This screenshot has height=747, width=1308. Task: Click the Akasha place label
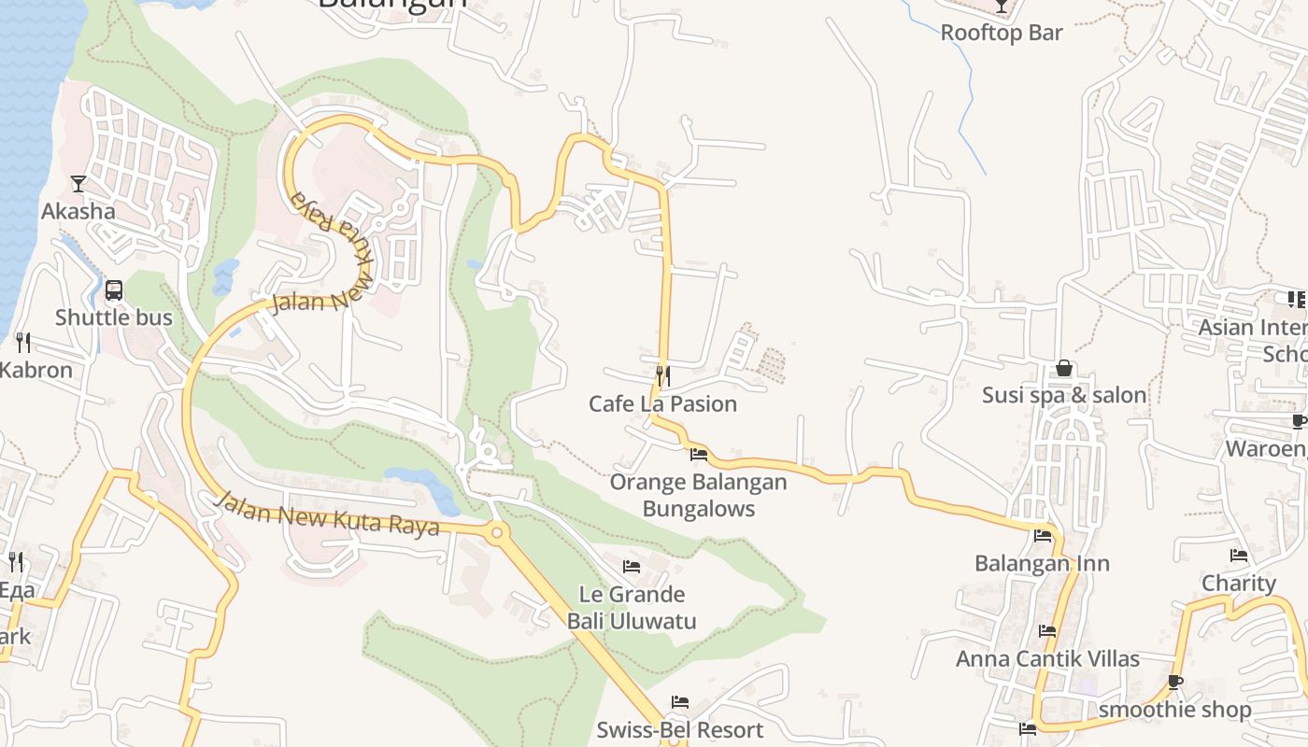click(x=78, y=211)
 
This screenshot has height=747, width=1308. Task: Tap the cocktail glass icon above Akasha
click(x=78, y=184)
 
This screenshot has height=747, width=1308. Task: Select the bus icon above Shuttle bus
click(x=114, y=290)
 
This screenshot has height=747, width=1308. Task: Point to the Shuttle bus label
click(x=114, y=317)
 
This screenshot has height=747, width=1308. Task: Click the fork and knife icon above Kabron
click(x=23, y=343)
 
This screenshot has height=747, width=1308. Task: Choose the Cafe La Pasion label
click(x=662, y=403)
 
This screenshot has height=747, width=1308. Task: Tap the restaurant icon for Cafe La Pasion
click(x=662, y=376)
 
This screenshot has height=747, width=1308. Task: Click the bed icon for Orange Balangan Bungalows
click(x=698, y=455)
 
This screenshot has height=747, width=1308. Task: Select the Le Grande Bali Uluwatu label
click(x=632, y=607)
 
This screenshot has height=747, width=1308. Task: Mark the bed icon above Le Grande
click(x=632, y=567)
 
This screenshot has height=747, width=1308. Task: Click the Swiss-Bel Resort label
click(x=679, y=729)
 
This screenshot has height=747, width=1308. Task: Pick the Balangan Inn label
click(x=1042, y=563)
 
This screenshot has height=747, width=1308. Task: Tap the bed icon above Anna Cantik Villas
click(x=1047, y=631)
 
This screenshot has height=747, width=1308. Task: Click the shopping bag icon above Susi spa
click(x=1063, y=369)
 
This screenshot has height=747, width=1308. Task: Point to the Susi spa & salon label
click(x=1064, y=395)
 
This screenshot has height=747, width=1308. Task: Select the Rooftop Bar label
click(x=1001, y=33)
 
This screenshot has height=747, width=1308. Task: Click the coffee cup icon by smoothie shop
click(x=1174, y=683)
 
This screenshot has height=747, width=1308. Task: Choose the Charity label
click(x=1239, y=583)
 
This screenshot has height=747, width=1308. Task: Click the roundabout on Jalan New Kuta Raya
click(x=496, y=533)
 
